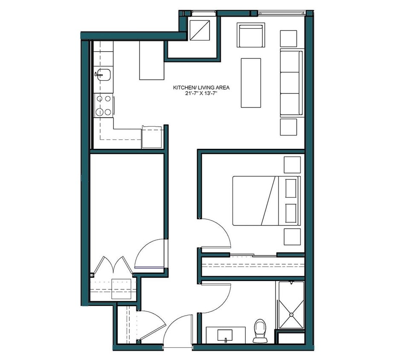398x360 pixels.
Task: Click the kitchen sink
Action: (x=103, y=75)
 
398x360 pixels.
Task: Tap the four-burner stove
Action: (x=104, y=106)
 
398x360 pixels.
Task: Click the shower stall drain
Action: (x=291, y=314)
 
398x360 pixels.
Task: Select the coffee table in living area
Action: (x=251, y=83)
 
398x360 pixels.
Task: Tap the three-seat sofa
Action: (x=291, y=83)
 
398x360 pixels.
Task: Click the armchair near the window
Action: (x=250, y=36)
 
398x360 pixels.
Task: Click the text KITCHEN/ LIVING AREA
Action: (x=201, y=87)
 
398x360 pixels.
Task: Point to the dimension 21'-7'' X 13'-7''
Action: (x=201, y=93)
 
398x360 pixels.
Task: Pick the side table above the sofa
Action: (x=288, y=38)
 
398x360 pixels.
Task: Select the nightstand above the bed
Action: (x=292, y=165)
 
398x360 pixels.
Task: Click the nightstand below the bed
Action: (x=292, y=237)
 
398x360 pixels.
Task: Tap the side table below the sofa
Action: (x=288, y=127)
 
